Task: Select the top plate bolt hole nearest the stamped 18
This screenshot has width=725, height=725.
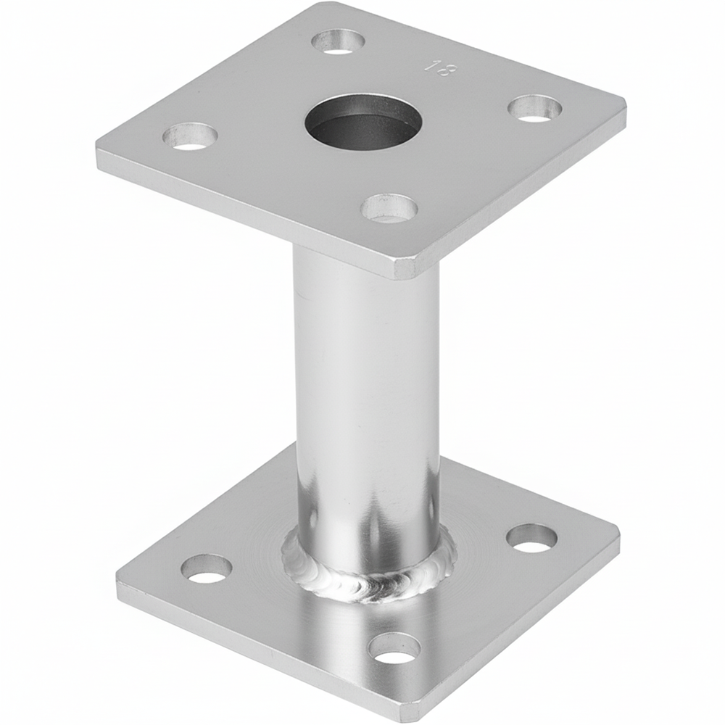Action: [x=339, y=41]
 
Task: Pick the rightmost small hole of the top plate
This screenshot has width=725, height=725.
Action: [x=534, y=109]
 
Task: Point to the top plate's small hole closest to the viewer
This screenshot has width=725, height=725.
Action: [x=389, y=209]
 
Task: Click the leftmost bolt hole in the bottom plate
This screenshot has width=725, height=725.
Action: [x=206, y=569]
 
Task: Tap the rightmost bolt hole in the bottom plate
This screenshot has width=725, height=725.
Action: [x=531, y=538]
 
